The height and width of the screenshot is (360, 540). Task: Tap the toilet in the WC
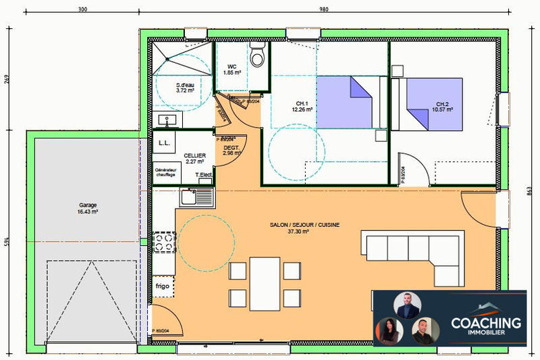(x=257, y=55)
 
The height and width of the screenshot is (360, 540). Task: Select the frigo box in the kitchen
(x=161, y=286)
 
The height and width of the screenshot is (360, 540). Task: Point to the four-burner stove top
(x=163, y=242)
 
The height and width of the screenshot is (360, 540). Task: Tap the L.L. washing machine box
(x=163, y=144)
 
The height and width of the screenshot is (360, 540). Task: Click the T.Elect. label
(x=205, y=176)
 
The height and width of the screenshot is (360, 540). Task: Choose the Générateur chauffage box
(x=165, y=172)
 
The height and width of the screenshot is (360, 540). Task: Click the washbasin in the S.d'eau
(x=167, y=120)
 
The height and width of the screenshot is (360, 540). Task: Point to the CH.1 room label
(x=301, y=103)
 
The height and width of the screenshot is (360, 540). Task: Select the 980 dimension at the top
(x=323, y=9)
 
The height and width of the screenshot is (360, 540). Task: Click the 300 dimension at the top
(x=82, y=9)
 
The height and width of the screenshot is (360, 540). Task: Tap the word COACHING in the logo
(x=485, y=324)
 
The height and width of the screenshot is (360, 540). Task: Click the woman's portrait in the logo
(x=388, y=331)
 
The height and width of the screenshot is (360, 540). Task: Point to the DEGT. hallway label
(x=232, y=147)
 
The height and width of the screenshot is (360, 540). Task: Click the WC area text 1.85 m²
(x=234, y=72)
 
